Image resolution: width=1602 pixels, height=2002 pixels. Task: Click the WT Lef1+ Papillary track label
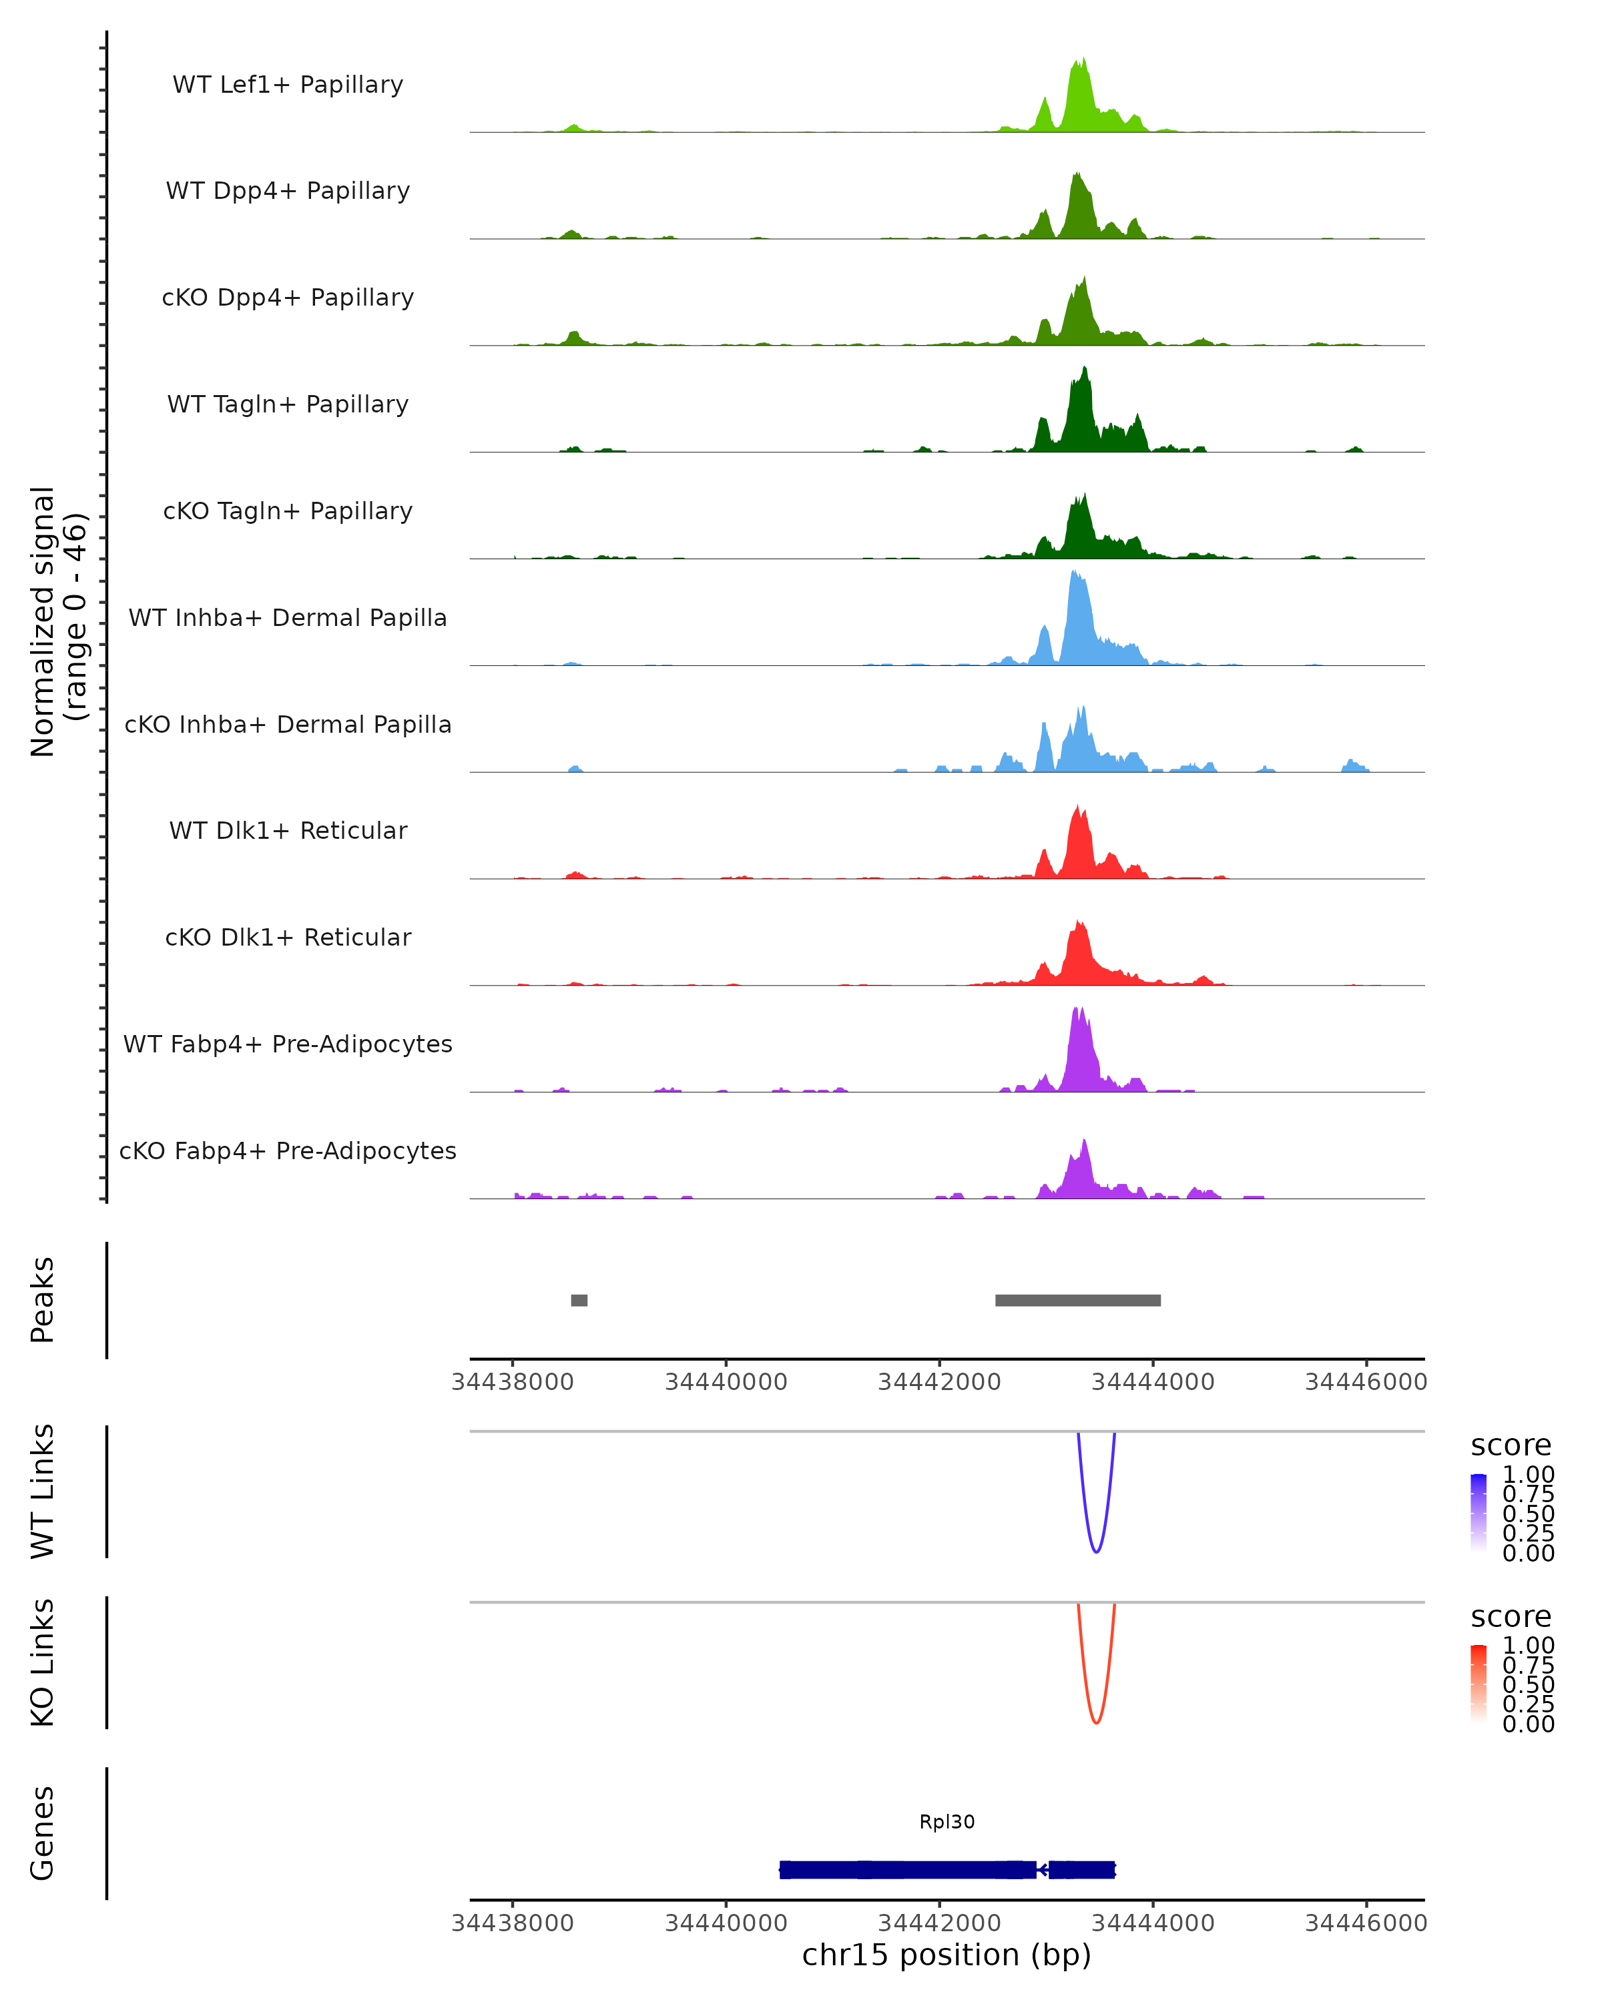coord(288,85)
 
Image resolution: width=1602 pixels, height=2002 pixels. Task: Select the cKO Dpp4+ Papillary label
coord(288,298)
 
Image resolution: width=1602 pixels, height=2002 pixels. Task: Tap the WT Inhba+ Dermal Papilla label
coord(288,619)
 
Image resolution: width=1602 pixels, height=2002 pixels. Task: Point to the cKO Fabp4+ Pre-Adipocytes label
coord(288,1151)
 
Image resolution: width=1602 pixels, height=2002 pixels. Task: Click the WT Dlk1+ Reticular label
coord(288,831)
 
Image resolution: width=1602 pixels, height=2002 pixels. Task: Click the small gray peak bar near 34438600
coord(579,1300)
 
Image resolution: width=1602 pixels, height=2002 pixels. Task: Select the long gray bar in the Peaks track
coord(1077,1300)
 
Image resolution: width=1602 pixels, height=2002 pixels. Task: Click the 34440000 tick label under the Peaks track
coord(726,1382)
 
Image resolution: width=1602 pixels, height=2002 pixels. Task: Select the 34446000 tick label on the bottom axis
coord(1365,1923)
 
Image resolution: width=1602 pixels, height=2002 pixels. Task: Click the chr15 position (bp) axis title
coord(947,1955)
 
